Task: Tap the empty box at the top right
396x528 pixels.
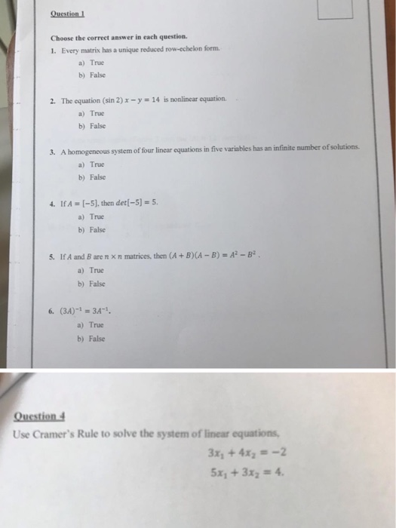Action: click(335, 10)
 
